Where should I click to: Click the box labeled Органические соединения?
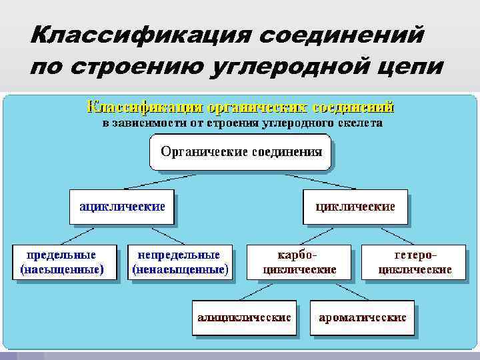pos(241,151)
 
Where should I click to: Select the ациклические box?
pos(122,206)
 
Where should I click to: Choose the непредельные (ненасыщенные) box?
pos(179,262)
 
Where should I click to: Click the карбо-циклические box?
pos(298,262)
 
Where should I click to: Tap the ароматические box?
pos(362,317)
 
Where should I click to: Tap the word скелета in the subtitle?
pos(359,123)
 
